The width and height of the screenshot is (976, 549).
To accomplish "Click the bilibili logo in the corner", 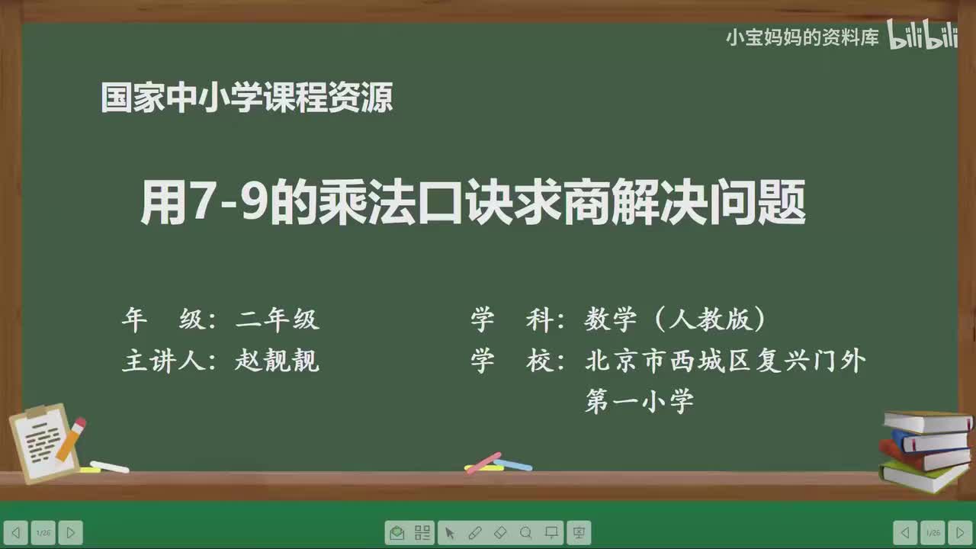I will coord(922,36).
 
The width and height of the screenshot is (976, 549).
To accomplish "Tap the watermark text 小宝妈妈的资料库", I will coord(802,37).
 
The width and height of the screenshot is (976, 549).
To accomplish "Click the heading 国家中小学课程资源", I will coord(246,98).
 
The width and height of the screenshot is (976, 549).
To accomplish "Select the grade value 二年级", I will coord(277,319).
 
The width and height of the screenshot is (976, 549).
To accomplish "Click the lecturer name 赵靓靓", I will coord(277,361).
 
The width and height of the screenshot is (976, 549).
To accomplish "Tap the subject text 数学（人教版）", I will coord(676,319).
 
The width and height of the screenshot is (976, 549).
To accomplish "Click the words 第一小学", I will coord(639,400).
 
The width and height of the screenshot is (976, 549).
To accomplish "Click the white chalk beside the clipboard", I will coord(109,466).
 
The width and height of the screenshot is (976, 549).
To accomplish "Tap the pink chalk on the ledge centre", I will coord(483,462).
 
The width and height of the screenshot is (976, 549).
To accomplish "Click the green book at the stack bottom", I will coord(923,477).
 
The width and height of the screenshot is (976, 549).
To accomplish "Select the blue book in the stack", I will coord(929,441).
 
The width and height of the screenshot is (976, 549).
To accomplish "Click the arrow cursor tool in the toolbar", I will coord(449,532).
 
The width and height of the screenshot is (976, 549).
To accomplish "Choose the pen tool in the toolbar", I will coord(474,532).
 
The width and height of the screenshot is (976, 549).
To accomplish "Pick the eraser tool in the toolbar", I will coord(500,532).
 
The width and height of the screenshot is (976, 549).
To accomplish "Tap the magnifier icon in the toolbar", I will coord(526,532).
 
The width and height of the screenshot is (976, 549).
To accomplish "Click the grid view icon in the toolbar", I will coord(422,532).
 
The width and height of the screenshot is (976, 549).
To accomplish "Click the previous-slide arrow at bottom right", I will coord(905,532).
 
